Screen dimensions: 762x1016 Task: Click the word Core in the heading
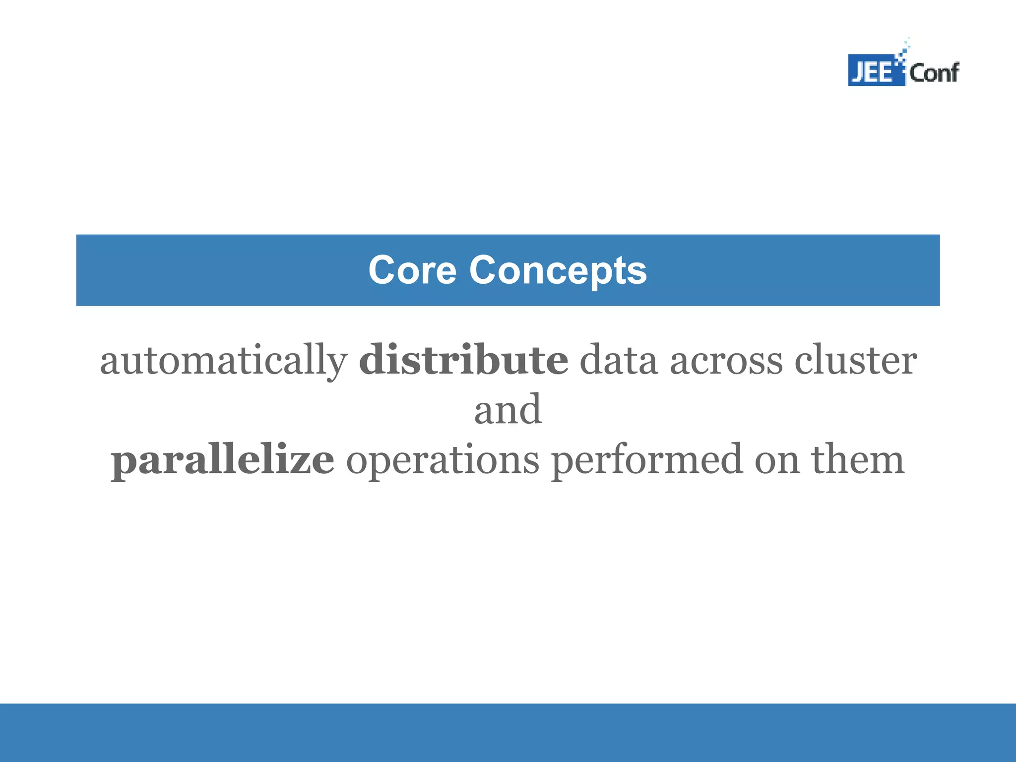412,270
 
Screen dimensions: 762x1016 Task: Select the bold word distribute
463,360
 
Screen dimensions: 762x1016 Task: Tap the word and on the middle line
508,410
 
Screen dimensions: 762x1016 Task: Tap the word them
858,460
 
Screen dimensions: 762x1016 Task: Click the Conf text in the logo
934,73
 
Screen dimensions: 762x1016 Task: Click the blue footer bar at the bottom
508,732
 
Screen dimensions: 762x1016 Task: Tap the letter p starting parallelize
123,464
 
